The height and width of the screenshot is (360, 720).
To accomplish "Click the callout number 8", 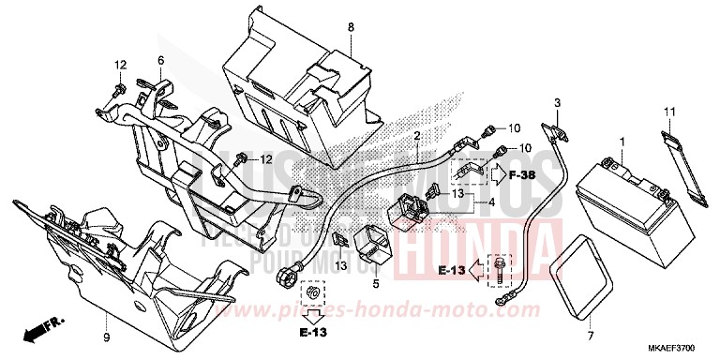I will (351, 28).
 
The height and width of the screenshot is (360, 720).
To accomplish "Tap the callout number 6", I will (160, 61).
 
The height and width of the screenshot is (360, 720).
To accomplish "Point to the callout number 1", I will (621, 142).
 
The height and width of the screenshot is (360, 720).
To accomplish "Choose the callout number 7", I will (590, 335).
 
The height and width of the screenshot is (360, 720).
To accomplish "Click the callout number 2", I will (415, 136).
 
